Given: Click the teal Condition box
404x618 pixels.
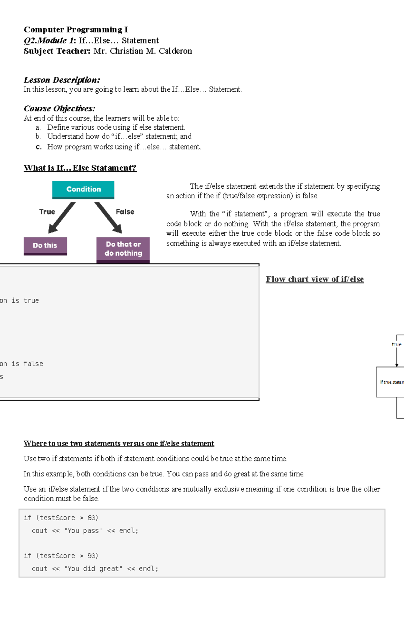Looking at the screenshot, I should (83, 189).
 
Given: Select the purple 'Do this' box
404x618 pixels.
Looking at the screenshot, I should (45, 246).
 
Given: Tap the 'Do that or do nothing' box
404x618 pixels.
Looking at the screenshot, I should (123, 249).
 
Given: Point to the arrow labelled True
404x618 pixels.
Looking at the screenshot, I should (62, 218).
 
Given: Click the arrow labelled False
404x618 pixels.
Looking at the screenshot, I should (108, 218).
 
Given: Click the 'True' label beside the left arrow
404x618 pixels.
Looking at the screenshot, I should (47, 212).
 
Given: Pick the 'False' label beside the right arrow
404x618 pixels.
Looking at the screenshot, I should (125, 212).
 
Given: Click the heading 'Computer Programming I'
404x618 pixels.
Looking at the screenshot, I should (76, 30).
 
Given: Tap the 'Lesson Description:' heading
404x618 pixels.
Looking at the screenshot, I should (62, 80).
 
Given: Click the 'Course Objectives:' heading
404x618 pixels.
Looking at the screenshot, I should (60, 109).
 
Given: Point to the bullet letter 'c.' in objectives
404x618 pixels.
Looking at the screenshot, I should (39, 147).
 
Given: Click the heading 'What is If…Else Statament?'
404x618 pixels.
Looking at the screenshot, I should (80, 168).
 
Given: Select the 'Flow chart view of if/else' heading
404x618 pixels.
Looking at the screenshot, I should (315, 279).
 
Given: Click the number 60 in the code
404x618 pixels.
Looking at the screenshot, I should (92, 518).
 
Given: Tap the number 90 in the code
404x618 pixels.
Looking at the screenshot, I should (92, 556).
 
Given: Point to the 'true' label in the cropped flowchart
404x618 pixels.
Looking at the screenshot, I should (397, 344).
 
